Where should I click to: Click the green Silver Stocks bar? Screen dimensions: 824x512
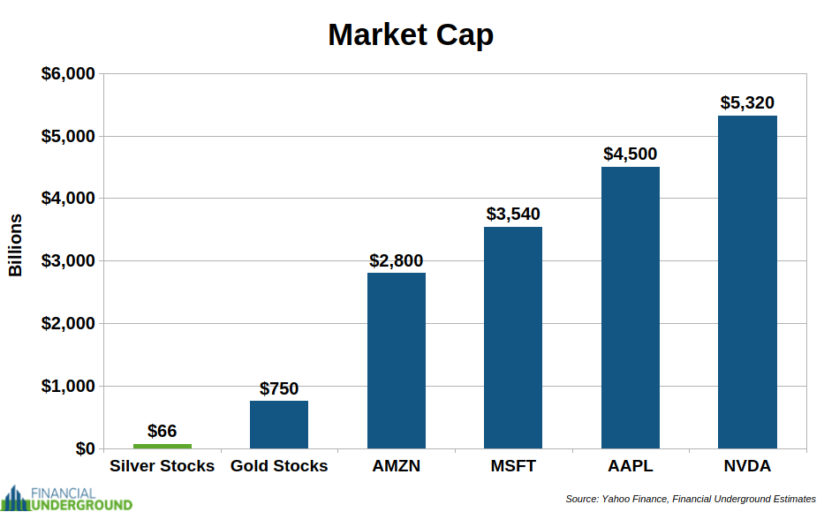[163, 447]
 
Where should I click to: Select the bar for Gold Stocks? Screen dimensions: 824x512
[279, 425]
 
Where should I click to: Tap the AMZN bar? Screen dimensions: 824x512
[397, 361]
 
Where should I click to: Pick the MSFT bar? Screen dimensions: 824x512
[513, 338]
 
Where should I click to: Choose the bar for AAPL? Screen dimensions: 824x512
[630, 308]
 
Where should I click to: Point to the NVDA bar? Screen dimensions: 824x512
[747, 282]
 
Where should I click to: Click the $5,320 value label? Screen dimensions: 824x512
[747, 103]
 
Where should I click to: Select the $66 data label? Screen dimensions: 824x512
[162, 431]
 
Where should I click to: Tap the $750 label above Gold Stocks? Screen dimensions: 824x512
[279, 388]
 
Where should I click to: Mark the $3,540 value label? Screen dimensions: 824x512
[513, 215]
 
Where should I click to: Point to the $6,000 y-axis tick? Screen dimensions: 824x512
[68, 73]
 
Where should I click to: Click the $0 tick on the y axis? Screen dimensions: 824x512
[85, 449]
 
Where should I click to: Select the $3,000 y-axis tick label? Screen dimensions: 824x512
[68, 261]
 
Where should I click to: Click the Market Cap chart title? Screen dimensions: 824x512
[411, 34]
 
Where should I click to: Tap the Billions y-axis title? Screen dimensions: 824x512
[15, 245]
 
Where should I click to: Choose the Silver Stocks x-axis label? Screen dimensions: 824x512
[162, 466]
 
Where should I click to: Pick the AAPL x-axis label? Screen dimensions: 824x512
[630, 466]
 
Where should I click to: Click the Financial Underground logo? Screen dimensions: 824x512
[67, 499]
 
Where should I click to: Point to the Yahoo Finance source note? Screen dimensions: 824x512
[691, 499]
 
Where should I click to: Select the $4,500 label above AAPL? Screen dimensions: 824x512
[630, 154]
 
